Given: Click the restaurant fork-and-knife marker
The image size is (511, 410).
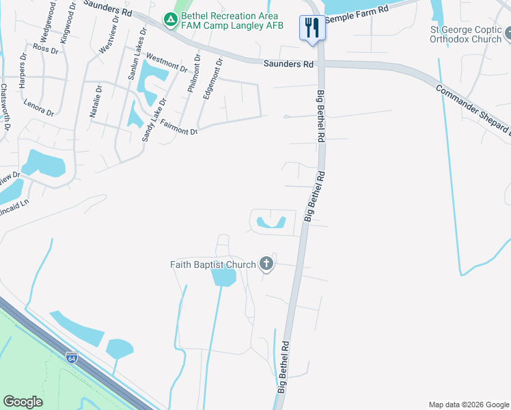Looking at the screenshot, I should [312, 28].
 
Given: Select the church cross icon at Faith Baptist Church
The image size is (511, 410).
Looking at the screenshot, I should [266, 264].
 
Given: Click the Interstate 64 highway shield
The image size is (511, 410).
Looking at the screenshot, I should [72, 357].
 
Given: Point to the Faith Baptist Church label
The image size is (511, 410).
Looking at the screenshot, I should [212, 264].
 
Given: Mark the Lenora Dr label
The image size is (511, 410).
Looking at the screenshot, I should [38, 108].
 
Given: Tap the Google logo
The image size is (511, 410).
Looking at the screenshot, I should [23, 401].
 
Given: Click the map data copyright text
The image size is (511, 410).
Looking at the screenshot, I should [468, 405].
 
